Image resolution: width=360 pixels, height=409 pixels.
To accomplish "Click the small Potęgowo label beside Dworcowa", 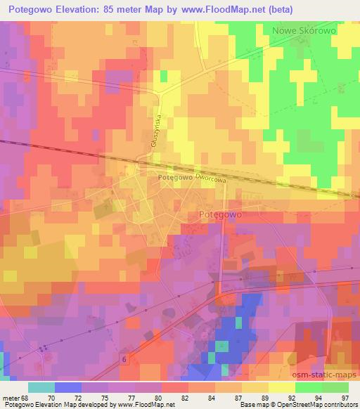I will [175, 178].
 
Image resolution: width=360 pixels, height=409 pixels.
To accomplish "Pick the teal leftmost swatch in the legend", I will [41, 388].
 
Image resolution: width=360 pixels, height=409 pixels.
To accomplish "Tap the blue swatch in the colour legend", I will [68, 388].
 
